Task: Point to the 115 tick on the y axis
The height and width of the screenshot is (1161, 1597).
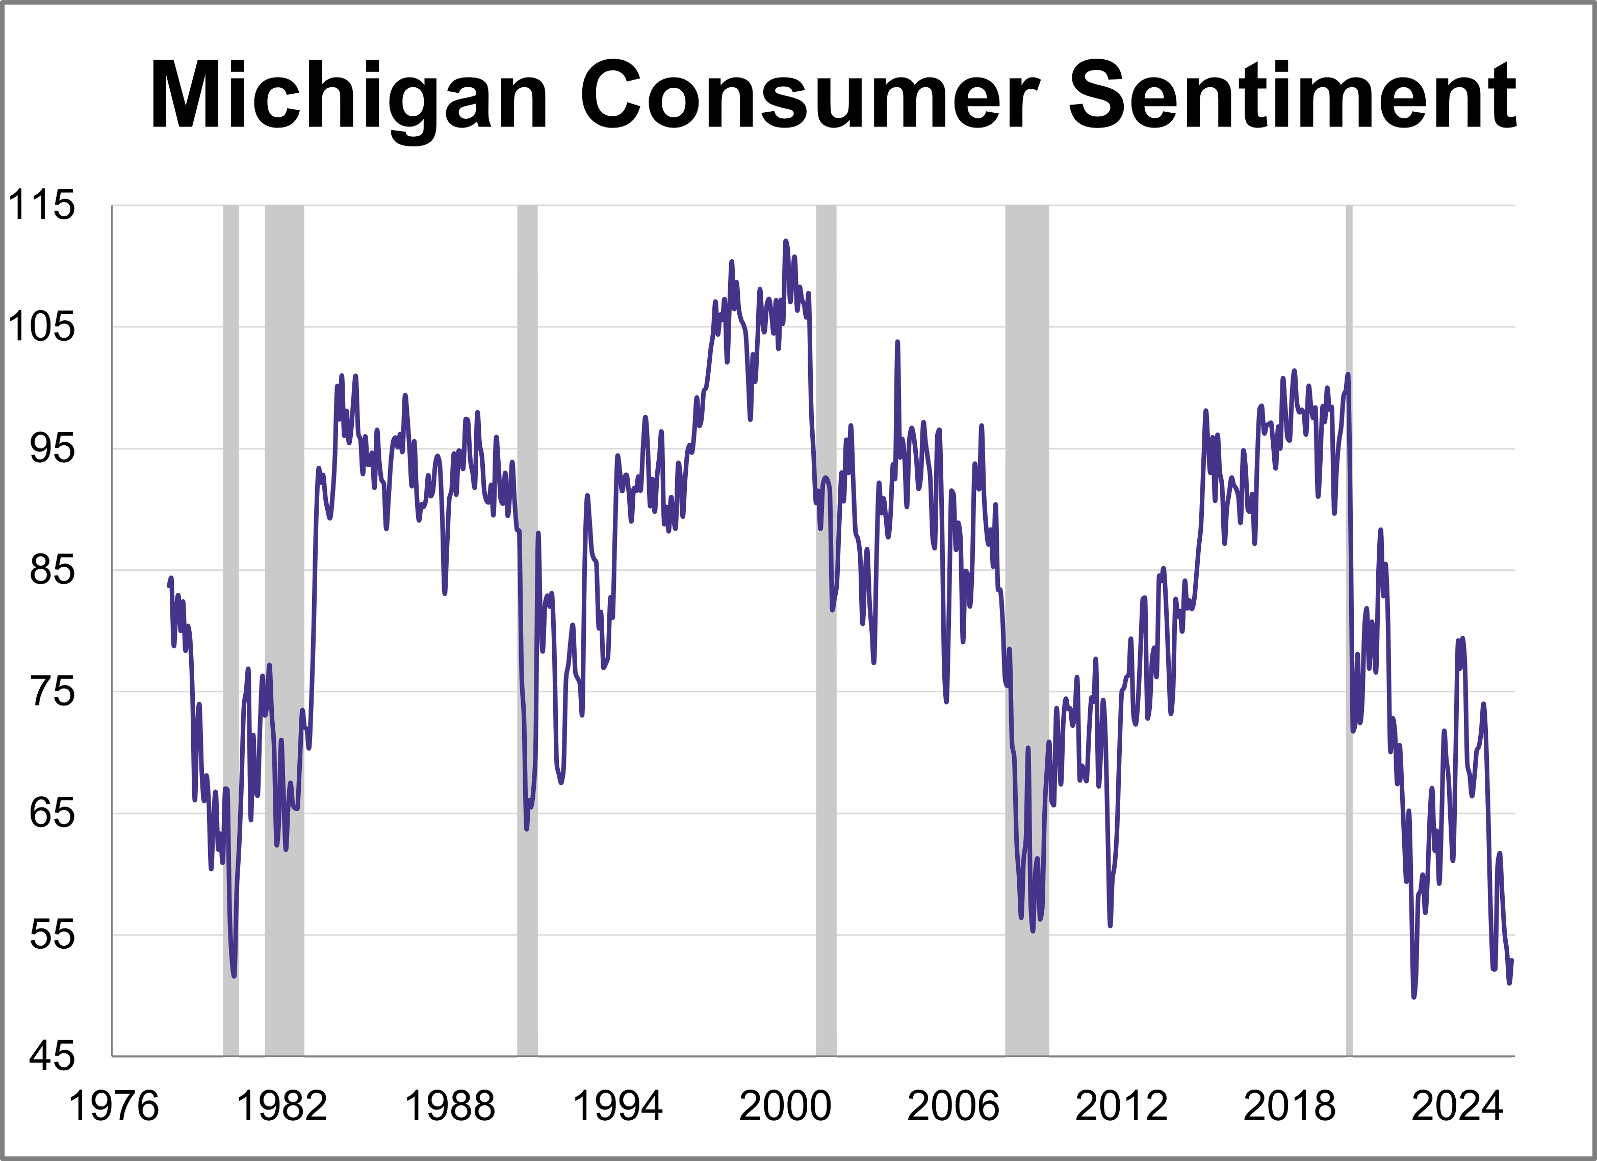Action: click(41, 206)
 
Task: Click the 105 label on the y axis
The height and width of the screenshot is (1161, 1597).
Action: click(41, 327)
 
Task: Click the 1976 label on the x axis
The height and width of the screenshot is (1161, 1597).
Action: click(113, 1106)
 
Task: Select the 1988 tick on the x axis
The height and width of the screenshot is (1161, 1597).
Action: click(449, 1106)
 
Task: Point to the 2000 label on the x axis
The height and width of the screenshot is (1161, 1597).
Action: click(785, 1106)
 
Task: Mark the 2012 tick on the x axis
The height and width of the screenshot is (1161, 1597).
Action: click(1121, 1106)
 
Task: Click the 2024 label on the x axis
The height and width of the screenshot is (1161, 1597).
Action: click(1457, 1106)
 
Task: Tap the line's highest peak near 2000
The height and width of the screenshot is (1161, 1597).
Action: click(786, 242)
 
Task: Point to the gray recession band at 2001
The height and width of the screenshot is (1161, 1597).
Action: click(826, 634)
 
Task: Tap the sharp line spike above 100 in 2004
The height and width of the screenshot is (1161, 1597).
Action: click(897, 343)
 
